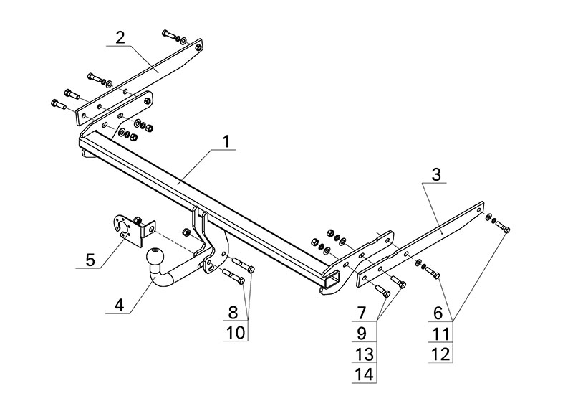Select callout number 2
click(120, 37)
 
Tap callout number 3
click(435, 175)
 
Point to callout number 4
click(119, 305)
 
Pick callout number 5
click(90, 259)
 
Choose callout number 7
click(362, 313)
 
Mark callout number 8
click(232, 313)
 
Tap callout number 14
click(364, 373)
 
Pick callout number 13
click(364, 353)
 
